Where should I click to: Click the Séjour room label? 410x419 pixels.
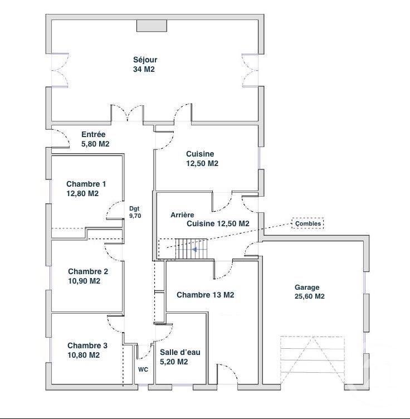pyautogui.click(x=145, y=60)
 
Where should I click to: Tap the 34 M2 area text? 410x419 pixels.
pyautogui.click(x=143, y=70)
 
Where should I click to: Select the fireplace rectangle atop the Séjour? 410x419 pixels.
pyautogui.click(x=152, y=26)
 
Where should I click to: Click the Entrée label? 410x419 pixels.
pyautogui.click(x=94, y=135)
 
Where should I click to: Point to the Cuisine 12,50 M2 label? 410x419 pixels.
pyautogui.click(x=202, y=159)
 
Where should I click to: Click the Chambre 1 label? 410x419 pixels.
pyautogui.click(x=86, y=184)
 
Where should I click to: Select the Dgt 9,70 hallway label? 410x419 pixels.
pyautogui.click(x=135, y=212)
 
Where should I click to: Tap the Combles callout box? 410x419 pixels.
pyautogui.click(x=307, y=223)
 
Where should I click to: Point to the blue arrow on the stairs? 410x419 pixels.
pyautogui.click(x=194, y=250)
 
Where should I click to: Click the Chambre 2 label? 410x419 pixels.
pyautogui.click(x=88, y=272)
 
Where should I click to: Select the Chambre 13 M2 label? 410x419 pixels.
pyautogui.click(x=205, y=295)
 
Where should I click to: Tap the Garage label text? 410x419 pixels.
pyautogui.click(x=307, y=288)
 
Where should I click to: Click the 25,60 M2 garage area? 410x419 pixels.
pyautogui.click(x=307, y=297)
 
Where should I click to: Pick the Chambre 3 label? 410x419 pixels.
pyautogui.click(x=87, y=345)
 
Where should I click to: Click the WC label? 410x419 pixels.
pyautogui.click(x=143, y=369)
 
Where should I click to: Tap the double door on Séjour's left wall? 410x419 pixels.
pyautogui.click(x=58, y=71)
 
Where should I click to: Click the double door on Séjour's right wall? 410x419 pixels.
pyautogui.click(x=251, y=71)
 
